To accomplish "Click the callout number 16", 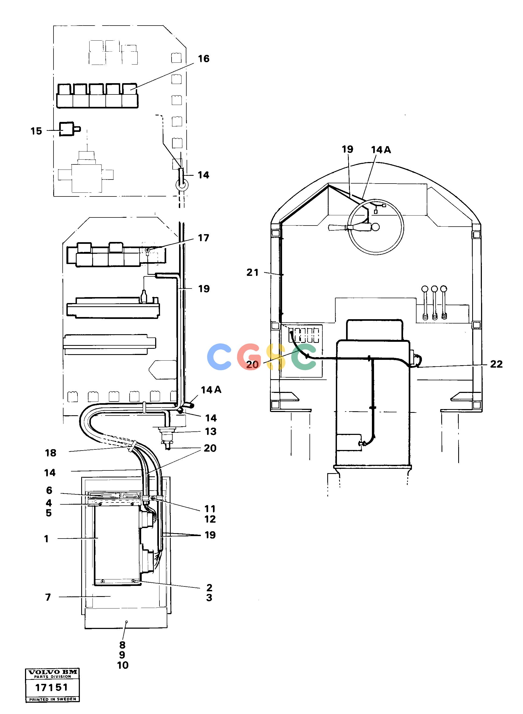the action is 204,59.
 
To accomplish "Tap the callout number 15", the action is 36,131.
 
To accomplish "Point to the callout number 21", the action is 252,272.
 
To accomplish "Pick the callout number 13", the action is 211,431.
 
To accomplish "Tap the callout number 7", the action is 48,597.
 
